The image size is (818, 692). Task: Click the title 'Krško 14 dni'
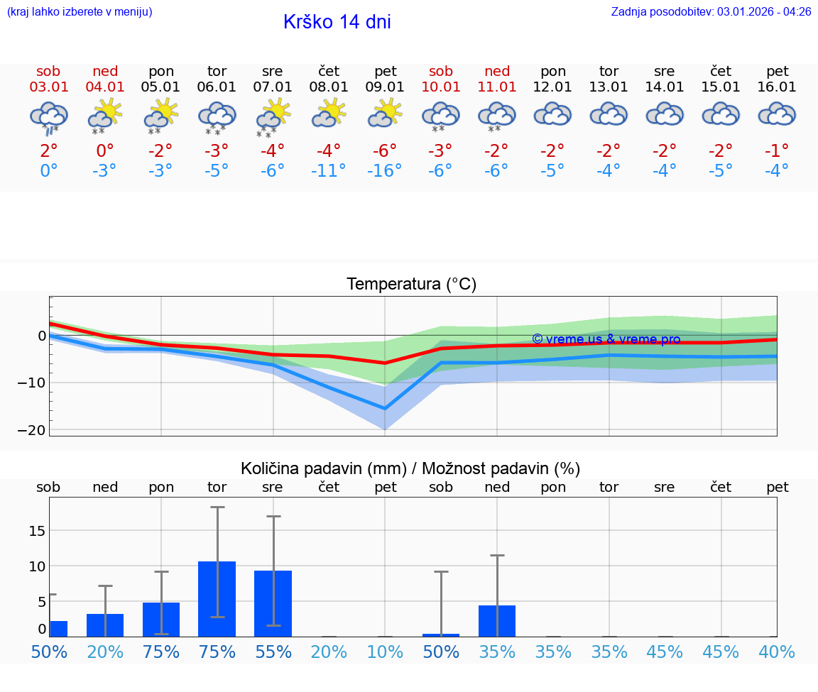point(337,22)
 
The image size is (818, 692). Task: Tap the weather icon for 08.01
point(329,114)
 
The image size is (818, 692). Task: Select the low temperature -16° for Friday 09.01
point(385,171)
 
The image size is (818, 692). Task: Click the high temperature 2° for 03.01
point(48,150)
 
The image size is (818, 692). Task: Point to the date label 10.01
point(441,87)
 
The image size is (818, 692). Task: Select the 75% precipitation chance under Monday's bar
point(161,652)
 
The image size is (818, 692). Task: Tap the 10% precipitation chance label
point(385,652)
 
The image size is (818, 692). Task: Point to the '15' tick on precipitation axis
point(37,531)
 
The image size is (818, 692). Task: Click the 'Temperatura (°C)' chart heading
point(411,285)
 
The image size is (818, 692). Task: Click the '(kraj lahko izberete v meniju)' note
point(80,12)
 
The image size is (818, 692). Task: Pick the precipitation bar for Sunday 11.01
point(497,620)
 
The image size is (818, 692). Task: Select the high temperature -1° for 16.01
point(777,150)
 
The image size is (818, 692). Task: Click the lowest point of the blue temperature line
point(385,408)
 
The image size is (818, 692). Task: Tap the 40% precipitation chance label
point(777,652)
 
